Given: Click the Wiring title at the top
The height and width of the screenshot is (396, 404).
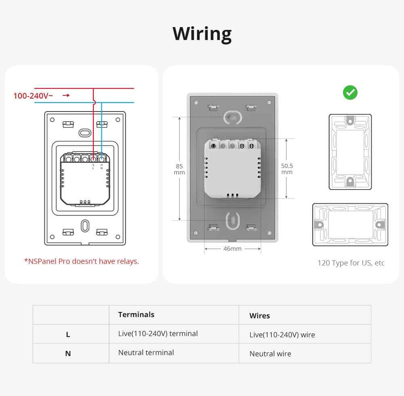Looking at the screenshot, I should coord(202,34).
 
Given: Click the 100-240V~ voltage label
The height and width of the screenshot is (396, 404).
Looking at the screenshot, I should coord(33,96).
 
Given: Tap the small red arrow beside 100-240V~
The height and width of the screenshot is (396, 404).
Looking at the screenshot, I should coord(66,95).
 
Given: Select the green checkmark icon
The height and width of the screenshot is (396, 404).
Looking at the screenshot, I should coord(350,93).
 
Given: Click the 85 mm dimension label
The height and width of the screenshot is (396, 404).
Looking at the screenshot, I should coord(179,169).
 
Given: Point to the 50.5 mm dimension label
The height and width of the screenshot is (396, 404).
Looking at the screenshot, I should coord(287,169).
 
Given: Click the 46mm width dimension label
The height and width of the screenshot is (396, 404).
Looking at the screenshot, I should coord(232,249).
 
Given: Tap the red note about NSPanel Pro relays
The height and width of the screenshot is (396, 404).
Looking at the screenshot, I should coord(81,261).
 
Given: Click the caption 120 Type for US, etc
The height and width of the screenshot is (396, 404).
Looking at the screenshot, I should coord(351,263).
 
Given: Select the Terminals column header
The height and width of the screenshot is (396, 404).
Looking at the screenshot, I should coord(136,314).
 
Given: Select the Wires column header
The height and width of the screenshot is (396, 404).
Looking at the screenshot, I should coord(259,316).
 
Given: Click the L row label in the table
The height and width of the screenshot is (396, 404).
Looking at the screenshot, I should coord(68,334).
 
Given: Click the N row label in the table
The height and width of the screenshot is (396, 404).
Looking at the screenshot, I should coord(68,353).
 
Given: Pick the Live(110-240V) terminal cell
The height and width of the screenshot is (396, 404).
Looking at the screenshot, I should coord(158,333).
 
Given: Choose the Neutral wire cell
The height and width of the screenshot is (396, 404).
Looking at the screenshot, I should coord(270,354).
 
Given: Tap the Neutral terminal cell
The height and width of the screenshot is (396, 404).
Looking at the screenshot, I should coord(146,352).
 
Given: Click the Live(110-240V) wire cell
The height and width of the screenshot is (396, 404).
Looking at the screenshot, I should coord(282,335).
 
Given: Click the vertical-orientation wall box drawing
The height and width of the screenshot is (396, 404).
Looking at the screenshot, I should coord(350,152).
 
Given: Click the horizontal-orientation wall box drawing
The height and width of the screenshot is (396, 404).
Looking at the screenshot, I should coord(350,224).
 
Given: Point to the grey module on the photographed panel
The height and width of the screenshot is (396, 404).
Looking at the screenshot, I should coord(232,168).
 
